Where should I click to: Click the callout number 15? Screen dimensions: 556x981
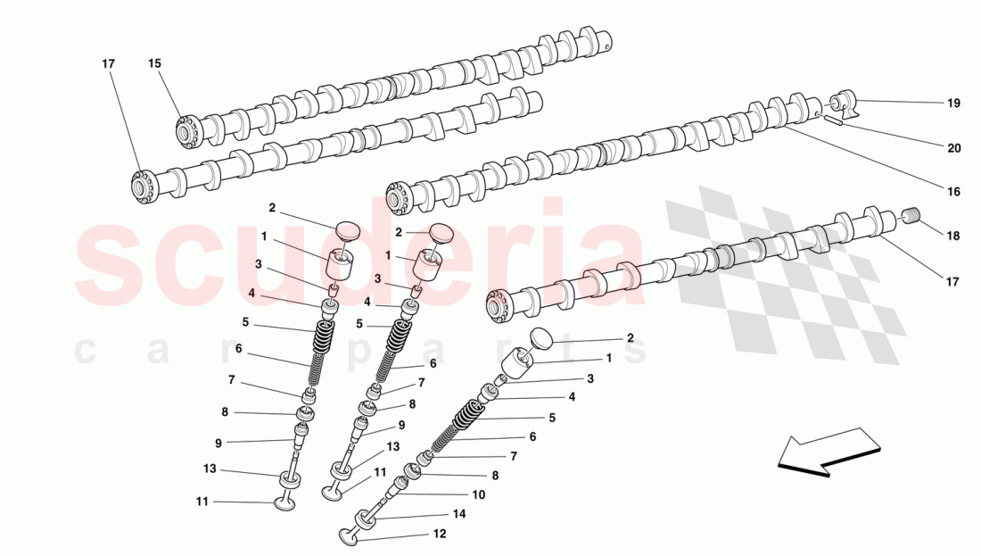(x=155, y=63)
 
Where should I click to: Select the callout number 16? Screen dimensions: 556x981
(x=953, y=192)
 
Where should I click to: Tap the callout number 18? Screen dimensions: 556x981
(x=953, y=237)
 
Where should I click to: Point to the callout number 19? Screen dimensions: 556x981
(x=953, y=104)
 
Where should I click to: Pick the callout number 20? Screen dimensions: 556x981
(x=953, y=148)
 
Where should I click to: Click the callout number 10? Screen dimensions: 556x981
(x=478, y=494)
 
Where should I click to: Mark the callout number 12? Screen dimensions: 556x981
(x=438, y=534)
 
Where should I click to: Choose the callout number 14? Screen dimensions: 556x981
(x=459, y=514)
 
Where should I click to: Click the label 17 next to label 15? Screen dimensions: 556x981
(x=108, y=63)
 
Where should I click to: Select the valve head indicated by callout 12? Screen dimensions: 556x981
(x=348, y=536)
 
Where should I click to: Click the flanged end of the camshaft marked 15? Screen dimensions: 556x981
(x=187, y=131)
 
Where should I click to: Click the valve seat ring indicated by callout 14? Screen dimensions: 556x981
(x=366, y=519)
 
